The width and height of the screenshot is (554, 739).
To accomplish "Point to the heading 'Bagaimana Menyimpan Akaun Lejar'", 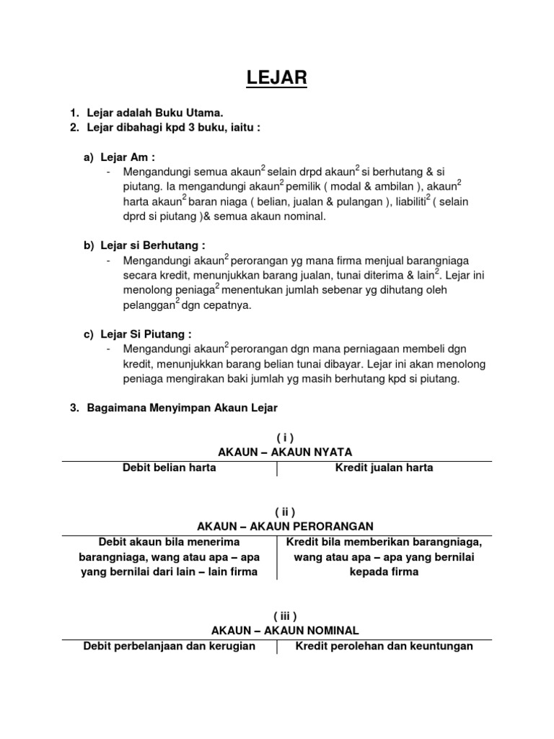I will click(182, 408).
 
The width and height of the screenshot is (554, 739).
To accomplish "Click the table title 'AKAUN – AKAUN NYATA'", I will click(278, 452).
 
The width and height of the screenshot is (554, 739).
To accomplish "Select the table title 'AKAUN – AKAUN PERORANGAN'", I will click(278, 526).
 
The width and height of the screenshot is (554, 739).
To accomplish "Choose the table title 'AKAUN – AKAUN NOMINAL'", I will click(278, 630).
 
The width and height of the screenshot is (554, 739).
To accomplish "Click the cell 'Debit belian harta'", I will click(170, 468).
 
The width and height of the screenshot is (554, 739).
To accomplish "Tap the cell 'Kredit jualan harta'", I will click(384, 468).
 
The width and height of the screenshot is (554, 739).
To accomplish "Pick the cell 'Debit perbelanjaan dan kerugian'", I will click(170, 646).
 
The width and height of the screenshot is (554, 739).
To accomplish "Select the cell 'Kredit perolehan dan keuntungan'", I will click(384, 646).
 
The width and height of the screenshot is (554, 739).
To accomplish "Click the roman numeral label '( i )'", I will click(278, 437).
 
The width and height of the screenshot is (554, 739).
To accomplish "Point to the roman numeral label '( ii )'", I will click(278, 511).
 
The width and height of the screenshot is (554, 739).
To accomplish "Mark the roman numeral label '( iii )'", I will click(278, 615).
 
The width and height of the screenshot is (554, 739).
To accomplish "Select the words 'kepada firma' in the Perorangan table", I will click(384, 572).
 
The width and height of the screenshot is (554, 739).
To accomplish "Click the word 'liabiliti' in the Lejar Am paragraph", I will click(397, 202).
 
